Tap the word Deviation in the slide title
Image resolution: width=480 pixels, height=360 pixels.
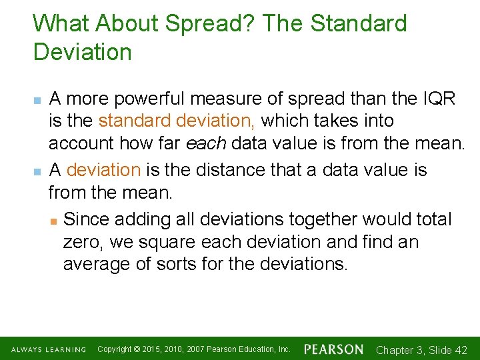point(83,52)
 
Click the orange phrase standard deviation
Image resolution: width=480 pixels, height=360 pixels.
point(179,121)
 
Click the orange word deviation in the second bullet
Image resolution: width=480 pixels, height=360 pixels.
point(103,169)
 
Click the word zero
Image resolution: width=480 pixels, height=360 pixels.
point(83,241)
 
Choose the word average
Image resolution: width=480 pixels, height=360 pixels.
point(97,264)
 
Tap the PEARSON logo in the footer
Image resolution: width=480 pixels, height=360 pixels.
point(333,349)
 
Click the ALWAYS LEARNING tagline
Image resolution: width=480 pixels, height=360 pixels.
point(48,349)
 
